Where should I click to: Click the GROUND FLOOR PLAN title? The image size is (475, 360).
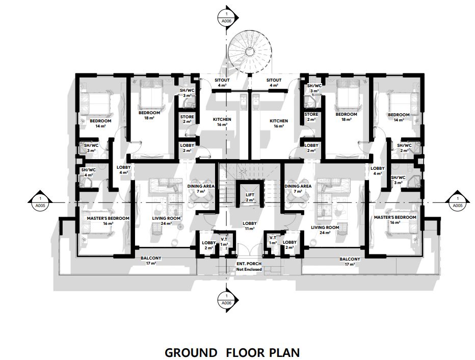pos(232,353)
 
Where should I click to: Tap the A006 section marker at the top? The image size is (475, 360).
pos(227,17)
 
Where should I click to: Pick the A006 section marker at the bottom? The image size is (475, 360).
pos(227,299)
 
